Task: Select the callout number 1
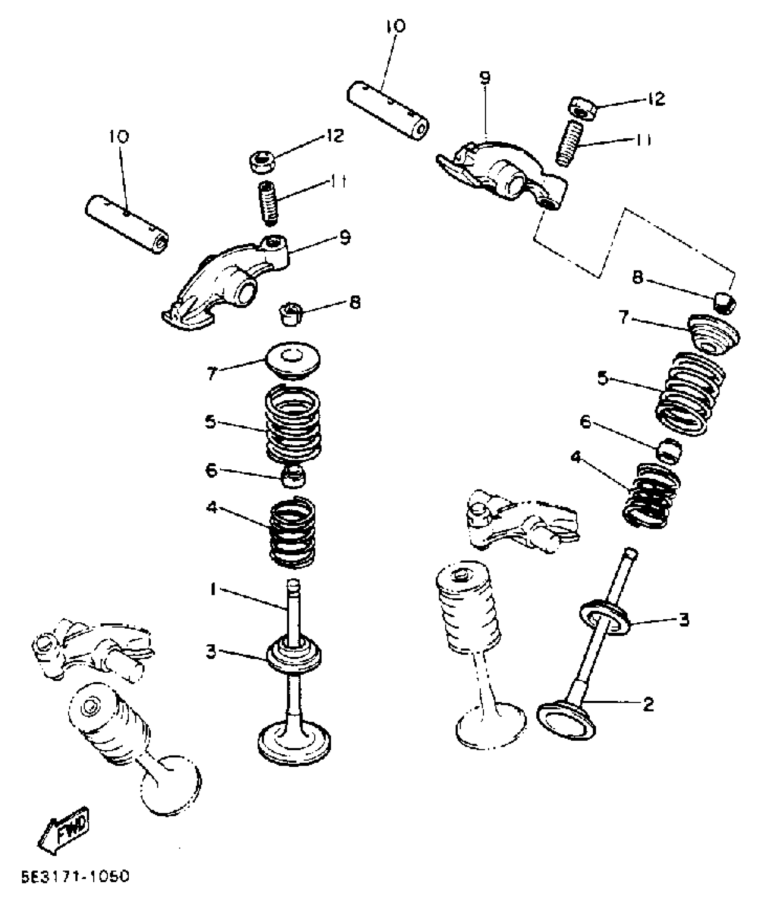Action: [213, 589]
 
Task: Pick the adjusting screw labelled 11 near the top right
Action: [570, 143]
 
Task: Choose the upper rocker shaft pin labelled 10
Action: [388, 110]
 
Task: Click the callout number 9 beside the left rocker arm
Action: [345, 238]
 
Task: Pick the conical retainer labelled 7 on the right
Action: [713, 335]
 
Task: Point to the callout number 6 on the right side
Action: [585, 422]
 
